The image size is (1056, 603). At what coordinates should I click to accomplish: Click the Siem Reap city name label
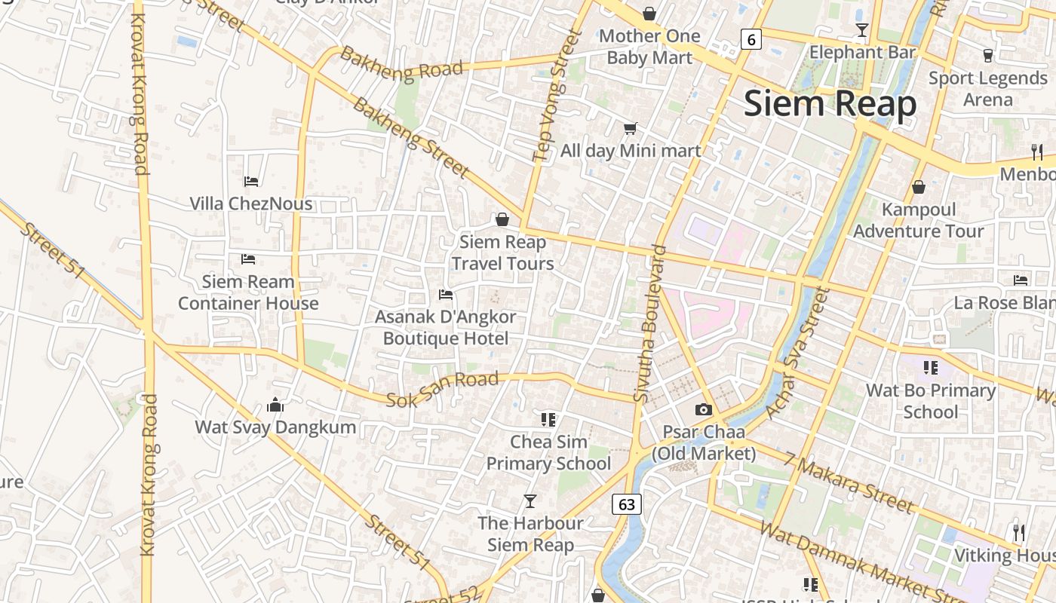(830, 104)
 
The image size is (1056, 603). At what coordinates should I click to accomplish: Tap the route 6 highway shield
(750, 38)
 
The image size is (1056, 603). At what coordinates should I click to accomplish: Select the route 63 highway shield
(626, 504)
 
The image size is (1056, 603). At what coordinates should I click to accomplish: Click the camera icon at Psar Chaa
(703, 409)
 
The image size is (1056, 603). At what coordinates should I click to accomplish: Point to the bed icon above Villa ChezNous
(251, 181)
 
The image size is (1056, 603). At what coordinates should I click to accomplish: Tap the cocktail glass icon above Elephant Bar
(862, 30)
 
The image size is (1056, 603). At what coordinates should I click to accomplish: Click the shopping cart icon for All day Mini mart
(630, 128)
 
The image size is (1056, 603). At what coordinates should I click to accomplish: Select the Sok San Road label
(443, 389)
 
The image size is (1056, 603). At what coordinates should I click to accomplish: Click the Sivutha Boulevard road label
(649, 323)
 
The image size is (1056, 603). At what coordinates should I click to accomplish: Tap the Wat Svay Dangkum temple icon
(275, 405)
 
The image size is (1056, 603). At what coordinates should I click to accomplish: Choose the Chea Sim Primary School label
(548, 452)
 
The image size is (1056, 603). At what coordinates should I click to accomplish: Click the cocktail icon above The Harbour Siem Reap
(530, 500)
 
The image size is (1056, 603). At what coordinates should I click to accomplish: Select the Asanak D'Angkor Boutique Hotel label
(446, 327)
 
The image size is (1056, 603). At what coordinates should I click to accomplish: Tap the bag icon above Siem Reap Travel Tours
(502, 219)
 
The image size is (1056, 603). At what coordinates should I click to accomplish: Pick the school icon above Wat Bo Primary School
(930, 368)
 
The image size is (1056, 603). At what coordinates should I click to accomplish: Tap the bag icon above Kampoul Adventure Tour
(918, 187)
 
